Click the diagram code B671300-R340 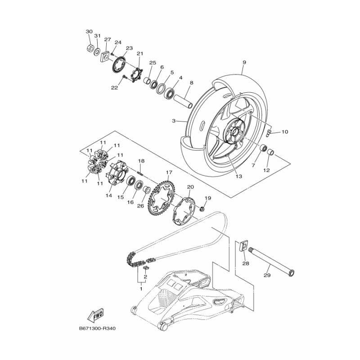coord(97,328)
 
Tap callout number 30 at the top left coord(89,31)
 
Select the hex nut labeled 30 coord(90,48)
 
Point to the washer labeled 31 coord(97,51)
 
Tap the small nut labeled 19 coord(202,209)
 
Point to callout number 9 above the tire coord(244,62)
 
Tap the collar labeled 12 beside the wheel coord(271,152)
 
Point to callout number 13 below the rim coord(239,176)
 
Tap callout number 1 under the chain coord(141,288)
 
